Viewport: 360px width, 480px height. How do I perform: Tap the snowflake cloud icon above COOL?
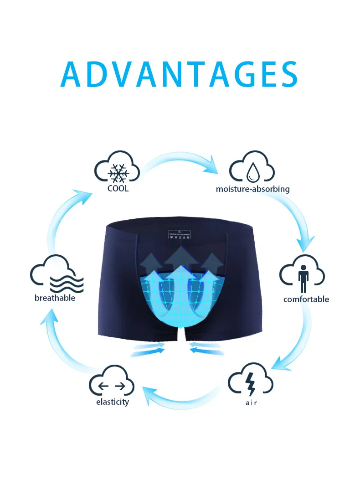pos(117,168)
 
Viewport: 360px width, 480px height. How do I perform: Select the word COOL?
pos(118,188)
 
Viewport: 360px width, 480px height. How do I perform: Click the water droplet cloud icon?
pos(252,168)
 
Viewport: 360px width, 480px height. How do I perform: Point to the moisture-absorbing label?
pos(252,189)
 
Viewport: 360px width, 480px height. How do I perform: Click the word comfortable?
pos(306,299)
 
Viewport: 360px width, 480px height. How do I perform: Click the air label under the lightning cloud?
pos(251,403)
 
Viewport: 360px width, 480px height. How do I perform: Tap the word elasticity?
pos(113,402)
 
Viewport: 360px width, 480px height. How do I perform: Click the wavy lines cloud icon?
pos(57,276)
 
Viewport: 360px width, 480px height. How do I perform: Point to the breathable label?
pos(55,298)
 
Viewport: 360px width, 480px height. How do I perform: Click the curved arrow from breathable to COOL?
pos(68,219)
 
